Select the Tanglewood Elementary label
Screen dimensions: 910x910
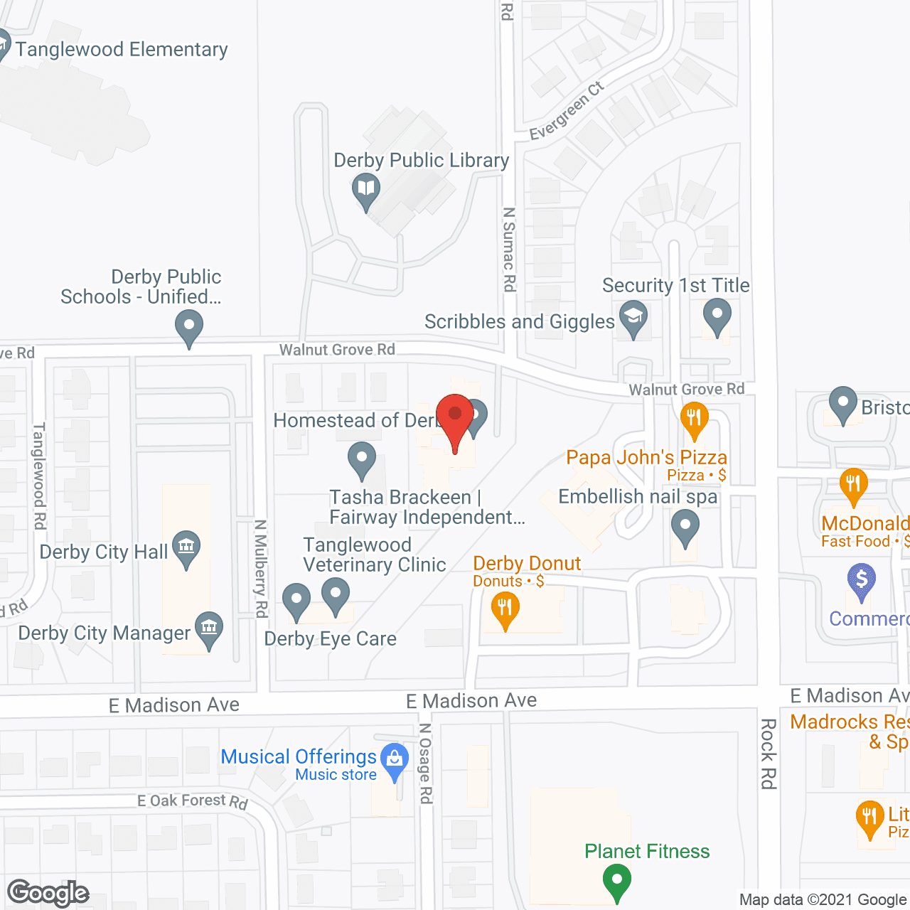[122, 49]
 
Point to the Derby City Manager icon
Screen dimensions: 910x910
[209, 628]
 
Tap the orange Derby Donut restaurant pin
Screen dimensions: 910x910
[505, 609]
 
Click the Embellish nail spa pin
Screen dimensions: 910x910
[685, 528]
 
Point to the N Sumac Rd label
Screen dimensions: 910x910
[509, 249]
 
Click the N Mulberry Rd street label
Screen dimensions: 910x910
[261, 569]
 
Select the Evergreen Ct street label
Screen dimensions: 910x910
[567, 111]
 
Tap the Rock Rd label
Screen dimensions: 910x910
[768, 754]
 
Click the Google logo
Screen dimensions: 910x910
[48, 893]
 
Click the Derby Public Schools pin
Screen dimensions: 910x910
[189, 328]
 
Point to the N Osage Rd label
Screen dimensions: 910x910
[425, 764]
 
